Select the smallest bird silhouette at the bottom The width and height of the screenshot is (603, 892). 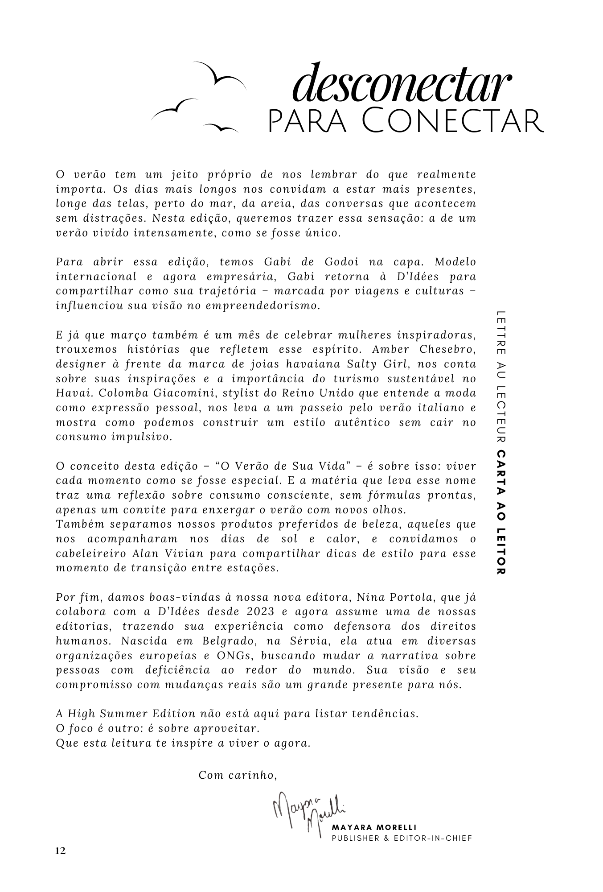click(x=221, y=128)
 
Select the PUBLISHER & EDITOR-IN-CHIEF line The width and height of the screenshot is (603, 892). click(x=402, y=838)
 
